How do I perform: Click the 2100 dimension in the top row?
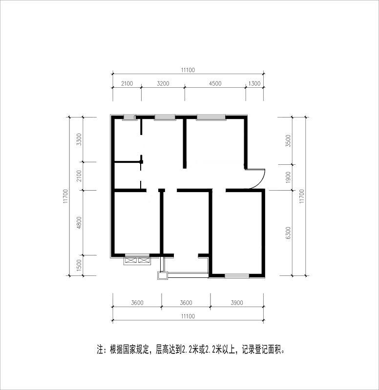(x=127, y=83)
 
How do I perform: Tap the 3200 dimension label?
(x=163, y=83)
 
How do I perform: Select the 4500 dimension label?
(x=215, y=83)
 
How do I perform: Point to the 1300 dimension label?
(x=254, y=83)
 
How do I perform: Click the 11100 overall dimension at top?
(x=188, y=70)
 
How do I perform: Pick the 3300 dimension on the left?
(x=79, y=139)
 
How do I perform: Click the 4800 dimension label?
(x=79, y=223)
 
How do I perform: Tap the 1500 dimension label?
(x=79, y=265)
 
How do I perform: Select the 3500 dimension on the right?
(x=288, y=141)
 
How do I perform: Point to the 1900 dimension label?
(x=288, y=177)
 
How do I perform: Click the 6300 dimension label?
(x=288, y=233)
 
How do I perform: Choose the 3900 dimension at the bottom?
(x=237, y=303)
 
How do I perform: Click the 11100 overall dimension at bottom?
(x=188, y=316)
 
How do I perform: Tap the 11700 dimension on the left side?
(x=65, y=196)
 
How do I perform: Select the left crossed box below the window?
(x=131, y=260)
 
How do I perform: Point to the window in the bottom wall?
(x=237, y=275)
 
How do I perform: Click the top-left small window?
(x=129, y=118)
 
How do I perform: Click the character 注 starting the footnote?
(x=100, y=350)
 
